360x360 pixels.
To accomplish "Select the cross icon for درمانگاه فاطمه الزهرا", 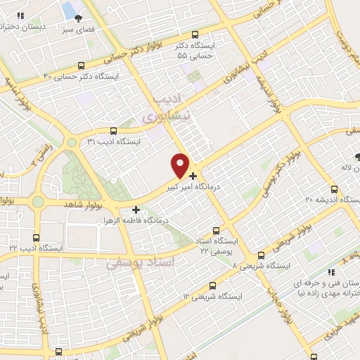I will pyautogui.click(x=136, y=209).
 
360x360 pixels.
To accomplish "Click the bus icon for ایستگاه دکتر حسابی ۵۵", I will pyautogui.click(x=195, y=34).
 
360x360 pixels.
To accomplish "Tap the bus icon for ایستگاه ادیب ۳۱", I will pyautogui.click(x=114, y=130).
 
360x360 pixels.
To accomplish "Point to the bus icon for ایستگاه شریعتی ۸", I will pyautogui.click(x=261, y=255).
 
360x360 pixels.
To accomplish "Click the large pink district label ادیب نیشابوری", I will pyautogui.click(x=167, y=109).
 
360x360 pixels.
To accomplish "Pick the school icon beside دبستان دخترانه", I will pyautogui.click(x=21, y=15).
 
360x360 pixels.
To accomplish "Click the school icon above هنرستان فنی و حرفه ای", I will pyautogui.click(x=328, y=271).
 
